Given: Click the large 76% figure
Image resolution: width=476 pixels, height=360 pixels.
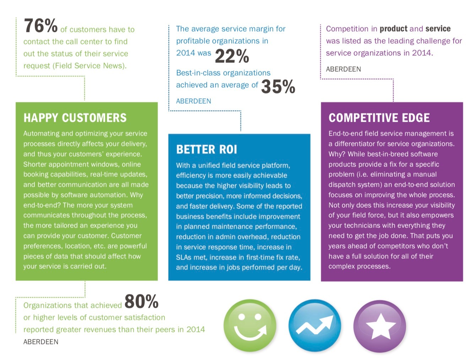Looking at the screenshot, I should [40, 26].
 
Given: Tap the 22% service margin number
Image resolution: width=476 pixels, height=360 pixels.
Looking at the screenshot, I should [232, 56].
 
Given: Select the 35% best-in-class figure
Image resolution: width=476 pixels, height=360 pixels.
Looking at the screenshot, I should [278, 87].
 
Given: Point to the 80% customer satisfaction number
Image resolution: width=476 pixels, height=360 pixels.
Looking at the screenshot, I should [141, 302].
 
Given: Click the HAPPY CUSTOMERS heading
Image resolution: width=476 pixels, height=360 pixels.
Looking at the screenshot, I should [75, 118].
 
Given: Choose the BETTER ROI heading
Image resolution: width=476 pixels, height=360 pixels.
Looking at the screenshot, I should [206, 149].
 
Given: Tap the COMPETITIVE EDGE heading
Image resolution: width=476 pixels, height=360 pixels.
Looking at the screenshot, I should [379, 118].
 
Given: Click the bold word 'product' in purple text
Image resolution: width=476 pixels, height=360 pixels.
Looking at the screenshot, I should [394, 29].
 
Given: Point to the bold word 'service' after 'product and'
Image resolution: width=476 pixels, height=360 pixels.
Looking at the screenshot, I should [438, 29].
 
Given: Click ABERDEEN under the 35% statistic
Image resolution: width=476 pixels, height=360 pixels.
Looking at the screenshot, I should [194, 101].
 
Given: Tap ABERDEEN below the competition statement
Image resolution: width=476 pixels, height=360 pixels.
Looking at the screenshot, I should [344, 69].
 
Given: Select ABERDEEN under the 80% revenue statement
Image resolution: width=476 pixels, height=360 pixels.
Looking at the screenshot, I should [41, 342].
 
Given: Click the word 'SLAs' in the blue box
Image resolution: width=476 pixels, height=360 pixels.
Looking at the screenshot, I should [184, 257].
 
